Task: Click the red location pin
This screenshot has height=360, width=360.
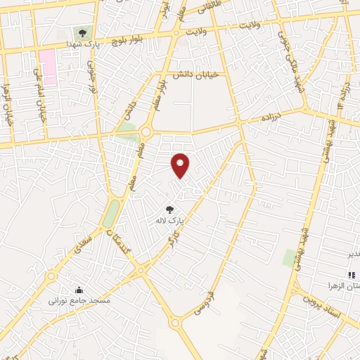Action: coord(181,165)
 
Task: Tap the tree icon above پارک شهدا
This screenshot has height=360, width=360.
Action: coord(83,33)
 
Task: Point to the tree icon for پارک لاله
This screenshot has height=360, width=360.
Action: coord(169,209)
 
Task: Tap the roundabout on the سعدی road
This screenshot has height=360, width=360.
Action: coord(51,276)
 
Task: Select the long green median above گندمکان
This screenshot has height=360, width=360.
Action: coord(112,213)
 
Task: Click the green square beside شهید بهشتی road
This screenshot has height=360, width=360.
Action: coord(289,257)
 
